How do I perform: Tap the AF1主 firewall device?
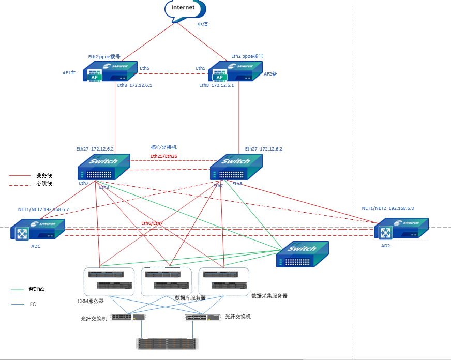110,72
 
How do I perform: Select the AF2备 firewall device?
235,72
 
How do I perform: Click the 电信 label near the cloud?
203,24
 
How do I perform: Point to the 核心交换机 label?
164,147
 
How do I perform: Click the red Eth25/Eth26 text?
164,156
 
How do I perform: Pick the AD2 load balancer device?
403,230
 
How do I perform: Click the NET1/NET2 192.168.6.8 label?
388,208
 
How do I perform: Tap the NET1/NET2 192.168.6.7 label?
43,209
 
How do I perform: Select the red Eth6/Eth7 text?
152,223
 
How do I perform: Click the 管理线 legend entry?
36,289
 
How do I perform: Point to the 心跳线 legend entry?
44,184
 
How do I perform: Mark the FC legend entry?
33,304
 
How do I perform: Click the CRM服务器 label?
91,301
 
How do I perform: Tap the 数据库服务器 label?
190,298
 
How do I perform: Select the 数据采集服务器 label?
269,296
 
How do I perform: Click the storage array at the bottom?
167,343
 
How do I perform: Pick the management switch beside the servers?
302,255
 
